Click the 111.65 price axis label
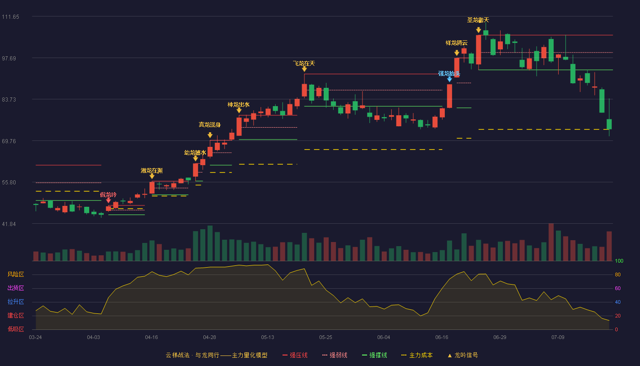11,17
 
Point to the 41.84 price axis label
9,224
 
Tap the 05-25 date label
325,338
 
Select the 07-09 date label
558,338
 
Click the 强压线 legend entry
295,355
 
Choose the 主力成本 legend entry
417,355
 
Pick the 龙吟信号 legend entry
463,355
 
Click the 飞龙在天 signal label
304,63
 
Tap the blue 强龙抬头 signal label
449,74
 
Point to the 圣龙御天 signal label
478,20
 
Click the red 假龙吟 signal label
108,195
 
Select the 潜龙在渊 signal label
152,171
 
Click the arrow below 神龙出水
239,110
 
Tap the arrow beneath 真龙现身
210,135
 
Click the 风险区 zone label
16,274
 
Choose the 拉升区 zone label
16,302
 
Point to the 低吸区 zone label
16,329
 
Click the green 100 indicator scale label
619,261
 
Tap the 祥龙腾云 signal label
457,43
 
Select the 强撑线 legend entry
374,355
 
